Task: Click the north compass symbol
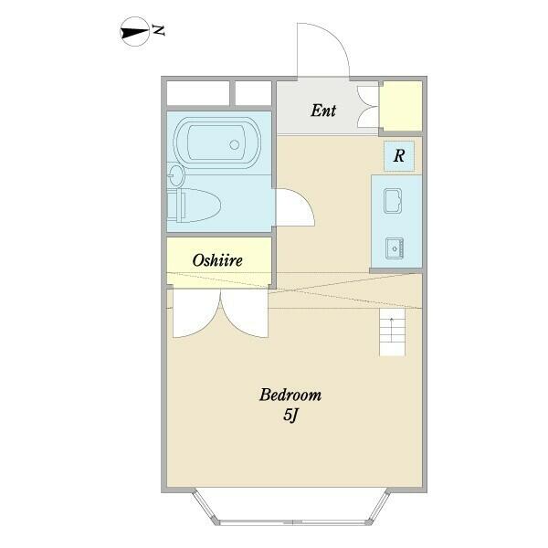pos(134,32)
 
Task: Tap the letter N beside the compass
pos(158,30)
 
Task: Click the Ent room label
pos(323,111)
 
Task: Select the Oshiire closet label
pos(217,260)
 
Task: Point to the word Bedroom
pos(290,395)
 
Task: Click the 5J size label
pos(290,415)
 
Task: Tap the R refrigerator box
pos(399,156)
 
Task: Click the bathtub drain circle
pos(235,144)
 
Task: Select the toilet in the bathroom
pos(194,205)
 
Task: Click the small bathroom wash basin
pos(175,175)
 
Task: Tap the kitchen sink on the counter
pos(393,201)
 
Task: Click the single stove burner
pos(395,248)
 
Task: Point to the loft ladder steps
pos(392,332)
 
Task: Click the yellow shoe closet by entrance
pos(401,106)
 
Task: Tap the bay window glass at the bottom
pos(292,522)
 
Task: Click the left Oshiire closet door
pos(196,313)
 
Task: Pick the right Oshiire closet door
pos(245,313)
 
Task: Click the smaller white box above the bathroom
pos(253,93)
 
